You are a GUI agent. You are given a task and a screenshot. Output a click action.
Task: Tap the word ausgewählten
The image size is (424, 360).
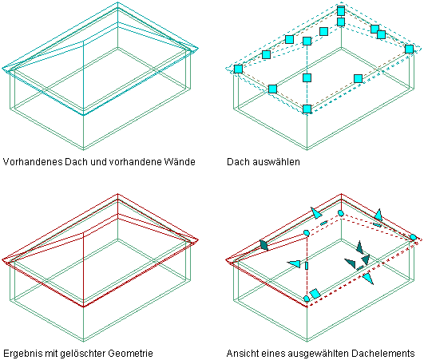319,354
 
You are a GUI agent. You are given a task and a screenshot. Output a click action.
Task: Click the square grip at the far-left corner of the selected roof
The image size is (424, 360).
238,69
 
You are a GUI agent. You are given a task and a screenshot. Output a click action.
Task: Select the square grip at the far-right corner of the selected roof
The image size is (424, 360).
410,49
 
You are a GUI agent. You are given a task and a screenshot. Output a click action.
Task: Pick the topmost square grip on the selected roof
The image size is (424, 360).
341,11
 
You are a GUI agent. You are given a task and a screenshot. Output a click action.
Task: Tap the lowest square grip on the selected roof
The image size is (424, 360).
307,109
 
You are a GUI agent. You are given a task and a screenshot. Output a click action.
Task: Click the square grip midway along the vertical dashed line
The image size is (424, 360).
307,78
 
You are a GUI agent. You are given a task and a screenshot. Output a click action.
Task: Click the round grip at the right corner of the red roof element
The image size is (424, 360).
413,237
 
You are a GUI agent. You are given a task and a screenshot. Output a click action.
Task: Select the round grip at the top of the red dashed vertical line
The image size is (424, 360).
307,233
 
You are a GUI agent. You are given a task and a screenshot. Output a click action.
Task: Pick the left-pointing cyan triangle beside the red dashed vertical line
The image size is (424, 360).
294,263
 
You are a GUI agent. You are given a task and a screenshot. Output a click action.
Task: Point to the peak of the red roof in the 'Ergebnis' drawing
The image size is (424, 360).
117,194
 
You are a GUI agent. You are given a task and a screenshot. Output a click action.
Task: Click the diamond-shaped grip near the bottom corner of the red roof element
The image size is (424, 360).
315,294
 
